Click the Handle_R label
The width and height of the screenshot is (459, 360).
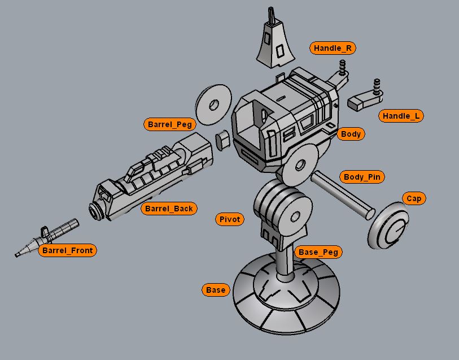[333, 48]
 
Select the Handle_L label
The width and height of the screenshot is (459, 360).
[401, 116]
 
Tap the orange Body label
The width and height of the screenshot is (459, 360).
[351, 134]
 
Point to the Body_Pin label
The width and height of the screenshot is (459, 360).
[362, 177]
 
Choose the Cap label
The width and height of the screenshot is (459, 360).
[414, 198]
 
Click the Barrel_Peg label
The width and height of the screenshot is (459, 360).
[170, 124]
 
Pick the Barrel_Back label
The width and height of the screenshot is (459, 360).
[169, 209]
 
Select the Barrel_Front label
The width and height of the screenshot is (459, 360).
[67, 250]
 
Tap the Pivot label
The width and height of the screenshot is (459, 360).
[229, 219]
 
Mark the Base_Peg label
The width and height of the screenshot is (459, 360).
[318, 252]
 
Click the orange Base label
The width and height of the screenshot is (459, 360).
[216, 290]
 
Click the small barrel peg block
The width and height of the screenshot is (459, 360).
[223, 139]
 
